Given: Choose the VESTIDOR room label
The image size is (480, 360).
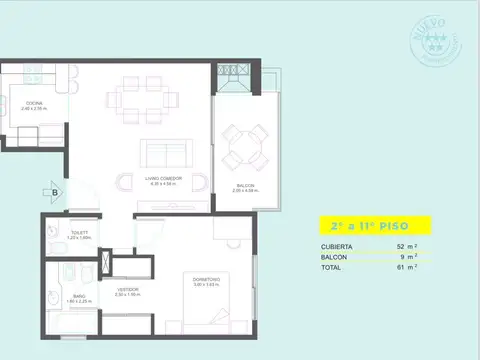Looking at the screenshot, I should click(126, 291).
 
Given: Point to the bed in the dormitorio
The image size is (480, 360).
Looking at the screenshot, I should click(218, 304).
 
